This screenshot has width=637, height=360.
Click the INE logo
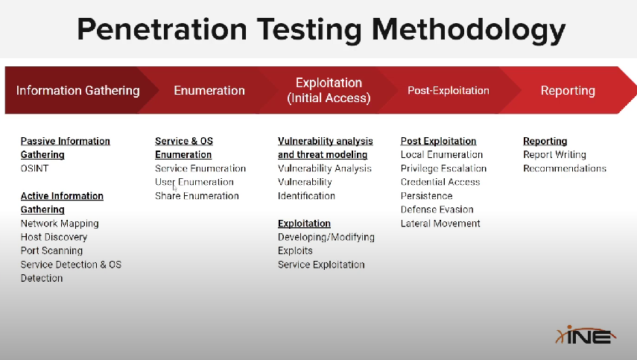(x=586, y=335)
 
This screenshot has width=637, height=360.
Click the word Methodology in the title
(x=469, y=30)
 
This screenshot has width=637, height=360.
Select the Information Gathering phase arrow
(x=78, y=90)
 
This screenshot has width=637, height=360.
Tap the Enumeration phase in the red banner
(x=209, y=90)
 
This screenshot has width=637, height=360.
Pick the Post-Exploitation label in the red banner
(x=449, y=90)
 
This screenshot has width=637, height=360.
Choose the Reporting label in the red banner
(x=568, y=91)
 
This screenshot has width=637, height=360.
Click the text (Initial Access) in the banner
(x=329, y=98)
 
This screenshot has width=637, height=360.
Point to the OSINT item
(x=34, y=168)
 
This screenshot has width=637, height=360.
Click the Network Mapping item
(x=60, y=224)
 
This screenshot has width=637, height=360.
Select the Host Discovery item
(x=54, y=237)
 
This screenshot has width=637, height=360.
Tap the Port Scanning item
(x=51, y=250)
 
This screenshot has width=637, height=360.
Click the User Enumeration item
(x=194, y=182)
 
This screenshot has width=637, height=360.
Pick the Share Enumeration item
(x=197, y=196)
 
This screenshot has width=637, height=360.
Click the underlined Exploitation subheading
(x=304, y=224)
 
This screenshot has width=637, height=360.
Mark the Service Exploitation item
(x=321, y=265)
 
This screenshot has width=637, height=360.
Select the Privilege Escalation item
(x=443, y=168)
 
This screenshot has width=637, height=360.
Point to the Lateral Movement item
(x=440, y=224)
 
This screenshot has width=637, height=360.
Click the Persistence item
(x=427, y=196)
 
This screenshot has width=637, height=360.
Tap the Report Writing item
(x=554, y=155)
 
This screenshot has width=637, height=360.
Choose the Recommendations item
(x=565, y=168)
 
